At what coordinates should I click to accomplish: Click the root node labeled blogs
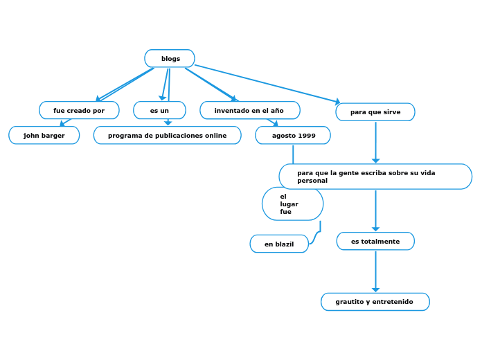tap(170, 59)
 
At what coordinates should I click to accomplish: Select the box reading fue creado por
tap(79, 111)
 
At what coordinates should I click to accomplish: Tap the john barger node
tap(44, 136)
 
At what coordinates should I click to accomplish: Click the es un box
tap(159, 111)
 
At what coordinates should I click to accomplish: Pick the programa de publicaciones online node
tap(168, 136)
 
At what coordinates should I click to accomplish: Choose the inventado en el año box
tap(249, 111)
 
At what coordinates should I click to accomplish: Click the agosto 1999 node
tap(293, 136)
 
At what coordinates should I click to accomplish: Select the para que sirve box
tap(375, 112)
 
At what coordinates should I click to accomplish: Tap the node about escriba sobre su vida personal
tap(375, 177)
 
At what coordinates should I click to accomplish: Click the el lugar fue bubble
tap(292, 204)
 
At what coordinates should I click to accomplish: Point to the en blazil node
tap(279, 244)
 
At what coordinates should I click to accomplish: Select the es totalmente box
tap(375, 241)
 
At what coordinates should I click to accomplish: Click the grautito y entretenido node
tap(375, 302)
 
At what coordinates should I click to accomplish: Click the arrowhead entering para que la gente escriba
tap(375, 161)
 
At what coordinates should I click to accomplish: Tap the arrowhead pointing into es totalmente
tap(375, 228)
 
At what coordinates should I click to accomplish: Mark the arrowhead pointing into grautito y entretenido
tap(375, 289)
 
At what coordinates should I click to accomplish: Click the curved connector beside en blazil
tap(316, 235)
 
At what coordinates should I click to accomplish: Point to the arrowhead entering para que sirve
tap(337, 102)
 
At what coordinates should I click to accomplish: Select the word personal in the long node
tap(312, 181)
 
